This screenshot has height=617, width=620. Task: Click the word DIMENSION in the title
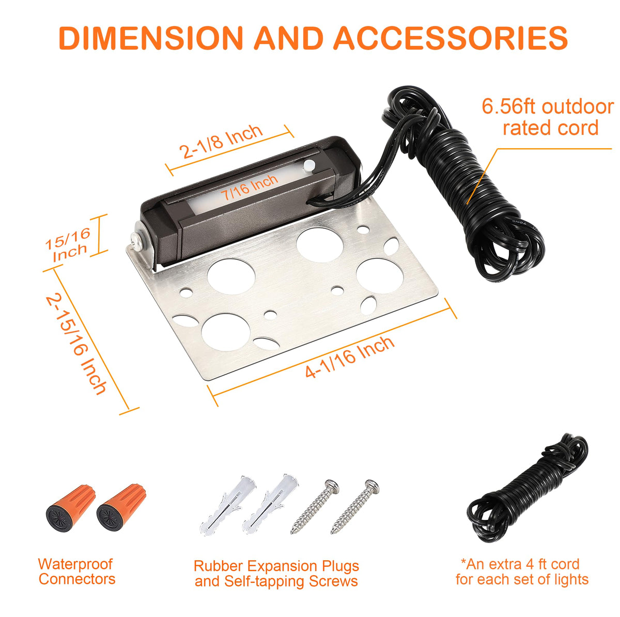(150, 37)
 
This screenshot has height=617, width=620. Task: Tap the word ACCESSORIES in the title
(450, 37)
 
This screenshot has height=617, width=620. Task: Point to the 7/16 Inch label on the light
(250, 187)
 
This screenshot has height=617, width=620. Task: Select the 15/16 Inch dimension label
(68, 244)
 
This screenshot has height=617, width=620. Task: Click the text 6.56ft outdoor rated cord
(547, 117)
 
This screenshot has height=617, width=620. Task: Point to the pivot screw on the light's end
(137, 242)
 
